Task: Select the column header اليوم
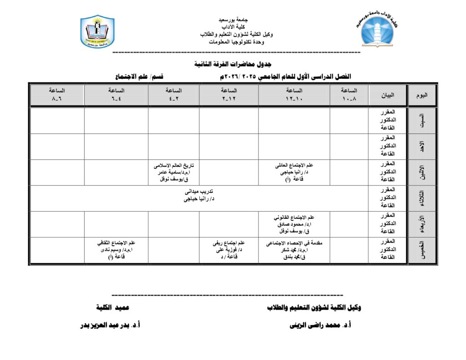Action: pyautogui.click(x=422, y=95)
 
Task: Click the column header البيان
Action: pyautogui.click(x=388, y=95)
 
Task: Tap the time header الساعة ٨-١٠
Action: pyautogui.click(x=349, y=95)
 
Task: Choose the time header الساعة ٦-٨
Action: pyautogui.click(x=57, y=95)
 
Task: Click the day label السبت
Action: pyautogui.click(x=422, y=120)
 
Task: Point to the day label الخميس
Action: pyautogui.click(x=422, y=250)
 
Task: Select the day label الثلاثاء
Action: pyautogui.click(x=422, y=198)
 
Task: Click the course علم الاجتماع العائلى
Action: pyautogui.click(x=294, y=165)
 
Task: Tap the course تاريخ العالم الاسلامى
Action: pyautogui.click(x=174, y=165)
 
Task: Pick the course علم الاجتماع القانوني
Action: pyautogui.click(x=294, y=217)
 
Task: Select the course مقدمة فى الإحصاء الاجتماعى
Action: pyautogui.click(x=294, y=243)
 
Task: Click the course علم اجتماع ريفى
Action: pyautogui.click(x=229, y=243)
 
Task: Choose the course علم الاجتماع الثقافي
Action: pyautogui.click(x=116, y=243)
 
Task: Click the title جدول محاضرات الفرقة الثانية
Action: pyautogui.click(x=233, y=64)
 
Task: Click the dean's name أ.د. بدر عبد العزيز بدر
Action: pyautogui.click(x=110, y=325)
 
